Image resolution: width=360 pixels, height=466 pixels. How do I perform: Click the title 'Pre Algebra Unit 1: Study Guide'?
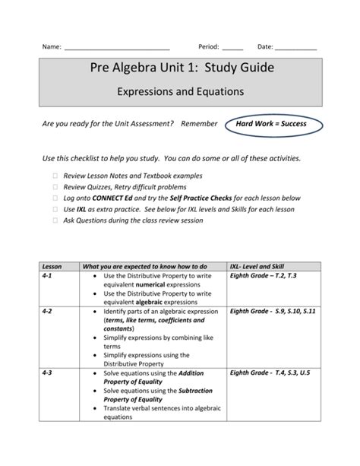click(x=179, y=69)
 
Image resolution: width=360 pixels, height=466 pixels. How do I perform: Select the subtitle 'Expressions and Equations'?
click(x=179, y=92)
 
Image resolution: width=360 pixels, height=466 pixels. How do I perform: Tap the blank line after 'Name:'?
click(x=117, y=47)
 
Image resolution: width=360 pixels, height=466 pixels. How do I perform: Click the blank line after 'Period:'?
click(x=233, y=47)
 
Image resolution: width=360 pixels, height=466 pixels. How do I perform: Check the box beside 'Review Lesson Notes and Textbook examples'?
click(x=55, y=176)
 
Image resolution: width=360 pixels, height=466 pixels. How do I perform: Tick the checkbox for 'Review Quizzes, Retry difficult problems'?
click(x=55, y=186)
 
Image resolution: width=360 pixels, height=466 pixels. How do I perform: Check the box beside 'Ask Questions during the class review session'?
click(x=55, y=219)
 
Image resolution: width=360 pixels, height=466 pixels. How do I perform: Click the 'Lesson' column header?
click(x=52, y=267)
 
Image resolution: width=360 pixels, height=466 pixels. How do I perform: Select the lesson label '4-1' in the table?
click(x=48, y=277)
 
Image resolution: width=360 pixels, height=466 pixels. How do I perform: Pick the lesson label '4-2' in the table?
click(x=48, y=312)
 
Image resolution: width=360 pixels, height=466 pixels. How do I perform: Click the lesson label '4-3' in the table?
click(x=48, y=373)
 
